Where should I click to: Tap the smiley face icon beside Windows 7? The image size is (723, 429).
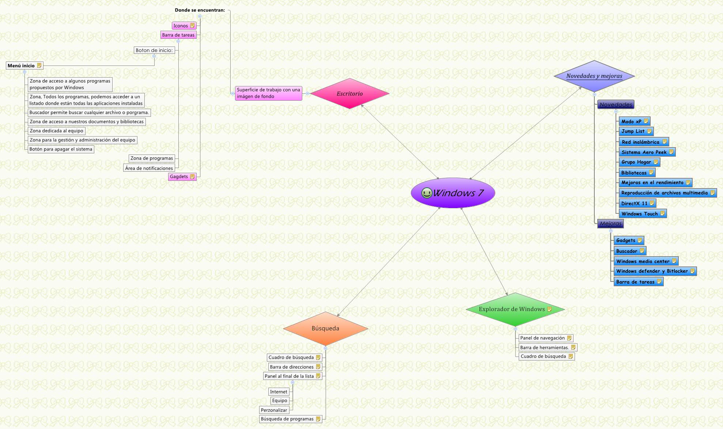click(426, 193)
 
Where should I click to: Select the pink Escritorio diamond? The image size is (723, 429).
click(349, 94)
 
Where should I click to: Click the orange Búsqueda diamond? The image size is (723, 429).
click(325, 328)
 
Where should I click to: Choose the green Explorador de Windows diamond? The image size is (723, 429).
click(512, 309)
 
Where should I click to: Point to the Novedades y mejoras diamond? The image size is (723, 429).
click(594, 76)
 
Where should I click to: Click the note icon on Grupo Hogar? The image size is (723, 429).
click(656, 162)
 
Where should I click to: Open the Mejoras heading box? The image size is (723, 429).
click(610, 224)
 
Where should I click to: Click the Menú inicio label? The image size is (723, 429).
click(21, 66)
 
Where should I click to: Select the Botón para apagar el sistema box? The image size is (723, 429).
click(61, 149)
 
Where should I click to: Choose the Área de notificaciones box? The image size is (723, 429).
click(149, 168)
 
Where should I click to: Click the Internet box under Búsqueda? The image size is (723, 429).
click(279, 392)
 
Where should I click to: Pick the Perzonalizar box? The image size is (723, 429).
click(274, 410)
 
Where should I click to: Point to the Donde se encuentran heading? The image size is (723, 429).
click(200, 10)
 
